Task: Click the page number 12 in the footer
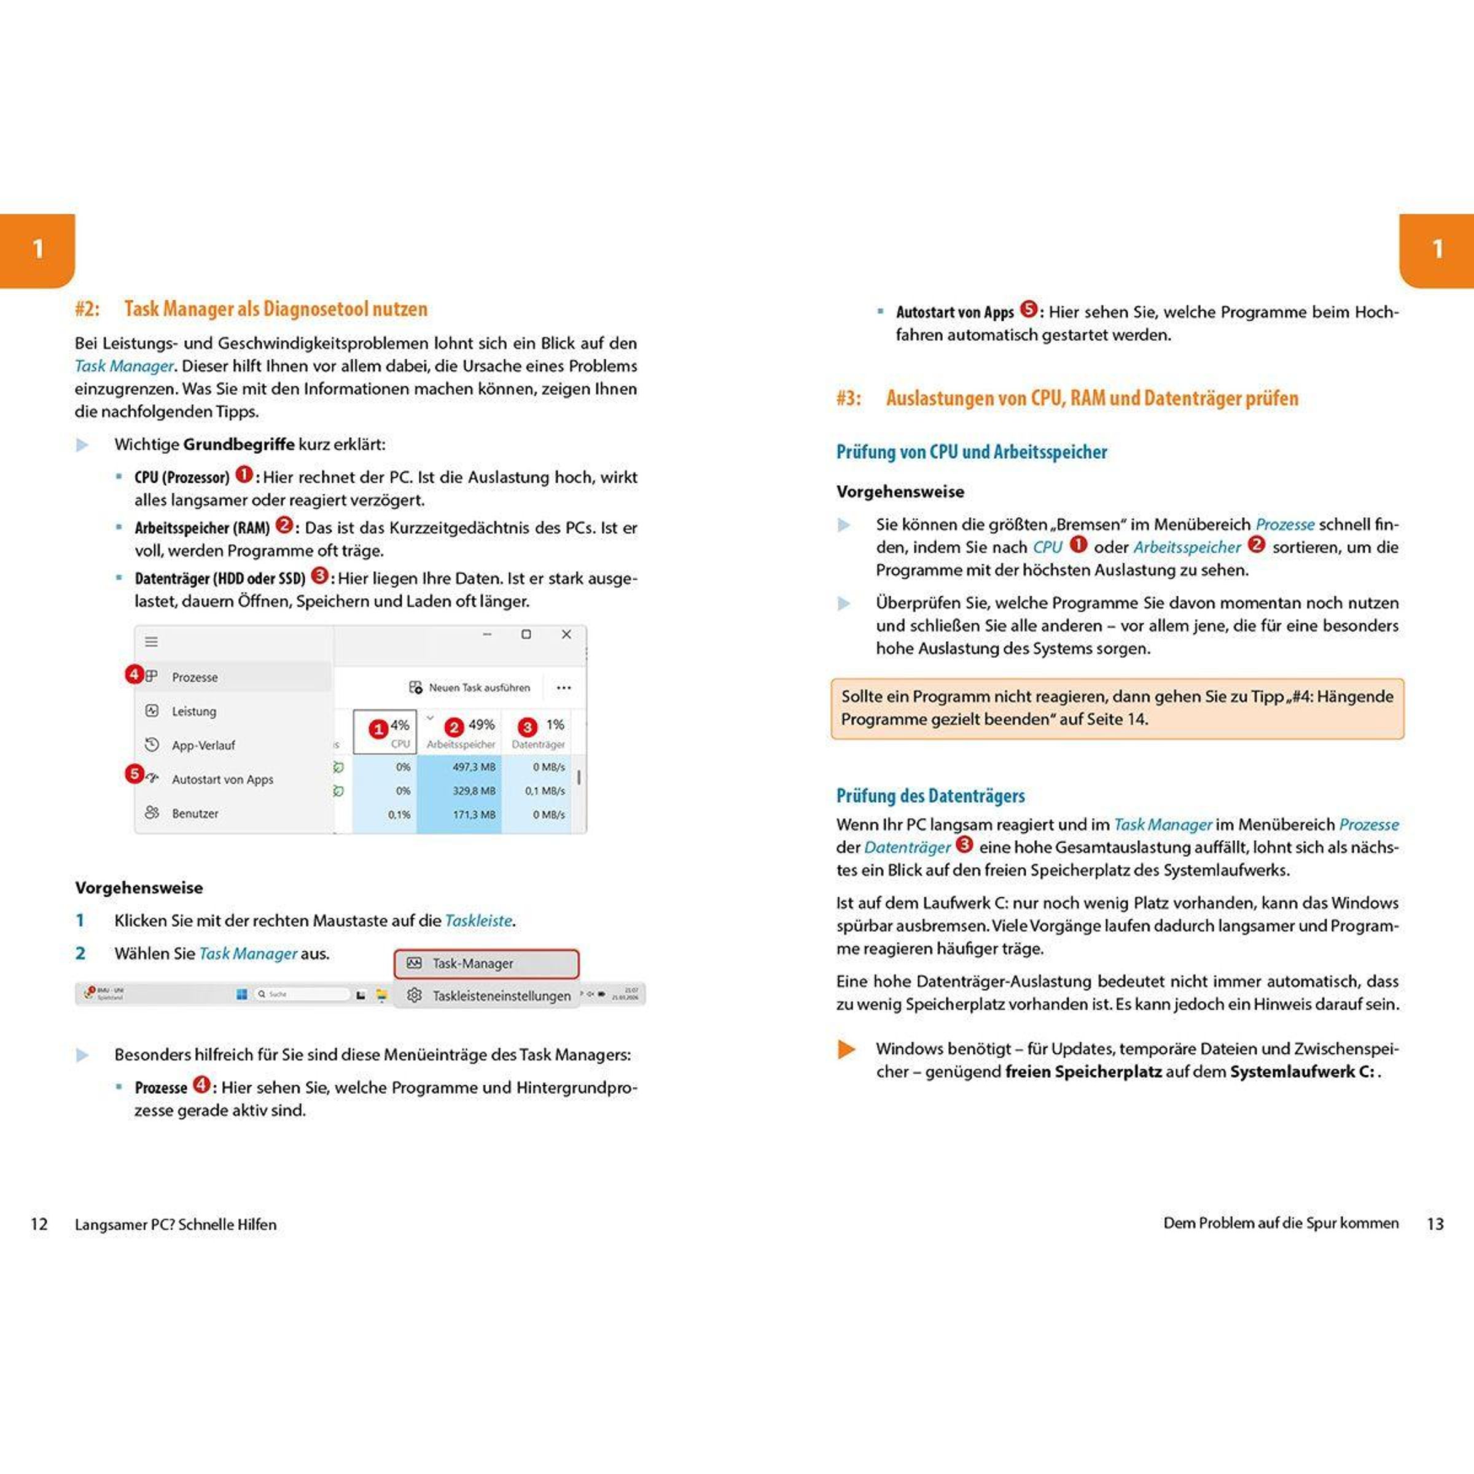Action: [x=39, y=1225]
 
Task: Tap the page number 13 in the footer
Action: [x=1435, y=1224]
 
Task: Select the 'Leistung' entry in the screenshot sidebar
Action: [x=194, y=711]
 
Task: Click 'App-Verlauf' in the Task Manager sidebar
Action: [x=203, y=746]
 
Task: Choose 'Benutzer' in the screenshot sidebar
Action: [x=195, y=813]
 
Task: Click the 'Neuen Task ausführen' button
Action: [x=470, y=687]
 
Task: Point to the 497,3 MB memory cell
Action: [x=473, y=766]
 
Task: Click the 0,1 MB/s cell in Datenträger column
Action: [x=545, y=791]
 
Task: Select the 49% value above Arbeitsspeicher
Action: [x=482, y=725]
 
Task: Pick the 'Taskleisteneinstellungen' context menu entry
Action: [x=501, y=996]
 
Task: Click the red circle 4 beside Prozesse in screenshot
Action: [x=135, y=674]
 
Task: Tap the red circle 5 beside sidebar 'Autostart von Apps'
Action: [x=135, y=774]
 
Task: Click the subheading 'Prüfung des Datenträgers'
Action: [x=930, y=796]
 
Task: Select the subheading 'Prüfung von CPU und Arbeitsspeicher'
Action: [x=971, y=451]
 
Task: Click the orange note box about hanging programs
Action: [x=1117, y=708]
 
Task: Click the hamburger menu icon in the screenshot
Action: [x=152, y=642]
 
